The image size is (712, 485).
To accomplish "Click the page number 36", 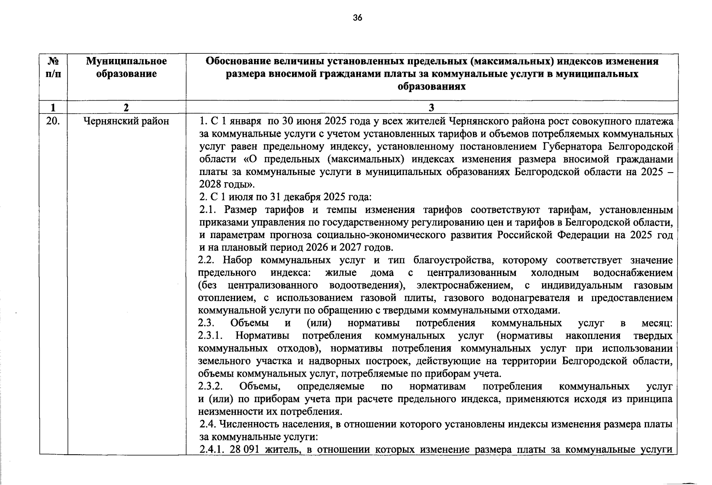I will click(357, 17).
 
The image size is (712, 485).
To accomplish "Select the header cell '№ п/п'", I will click(53, 67).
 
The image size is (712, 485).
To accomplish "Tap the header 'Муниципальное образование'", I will click(126, 67).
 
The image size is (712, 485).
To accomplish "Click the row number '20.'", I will click(53, 121).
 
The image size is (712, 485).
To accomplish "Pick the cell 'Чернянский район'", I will click(126, 121).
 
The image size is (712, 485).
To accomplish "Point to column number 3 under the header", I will click(431, 107).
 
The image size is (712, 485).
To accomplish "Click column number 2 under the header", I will click(126, 107).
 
